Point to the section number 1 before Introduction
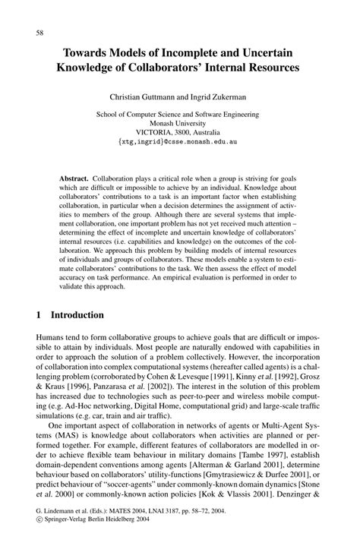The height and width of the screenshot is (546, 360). (39, 313)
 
